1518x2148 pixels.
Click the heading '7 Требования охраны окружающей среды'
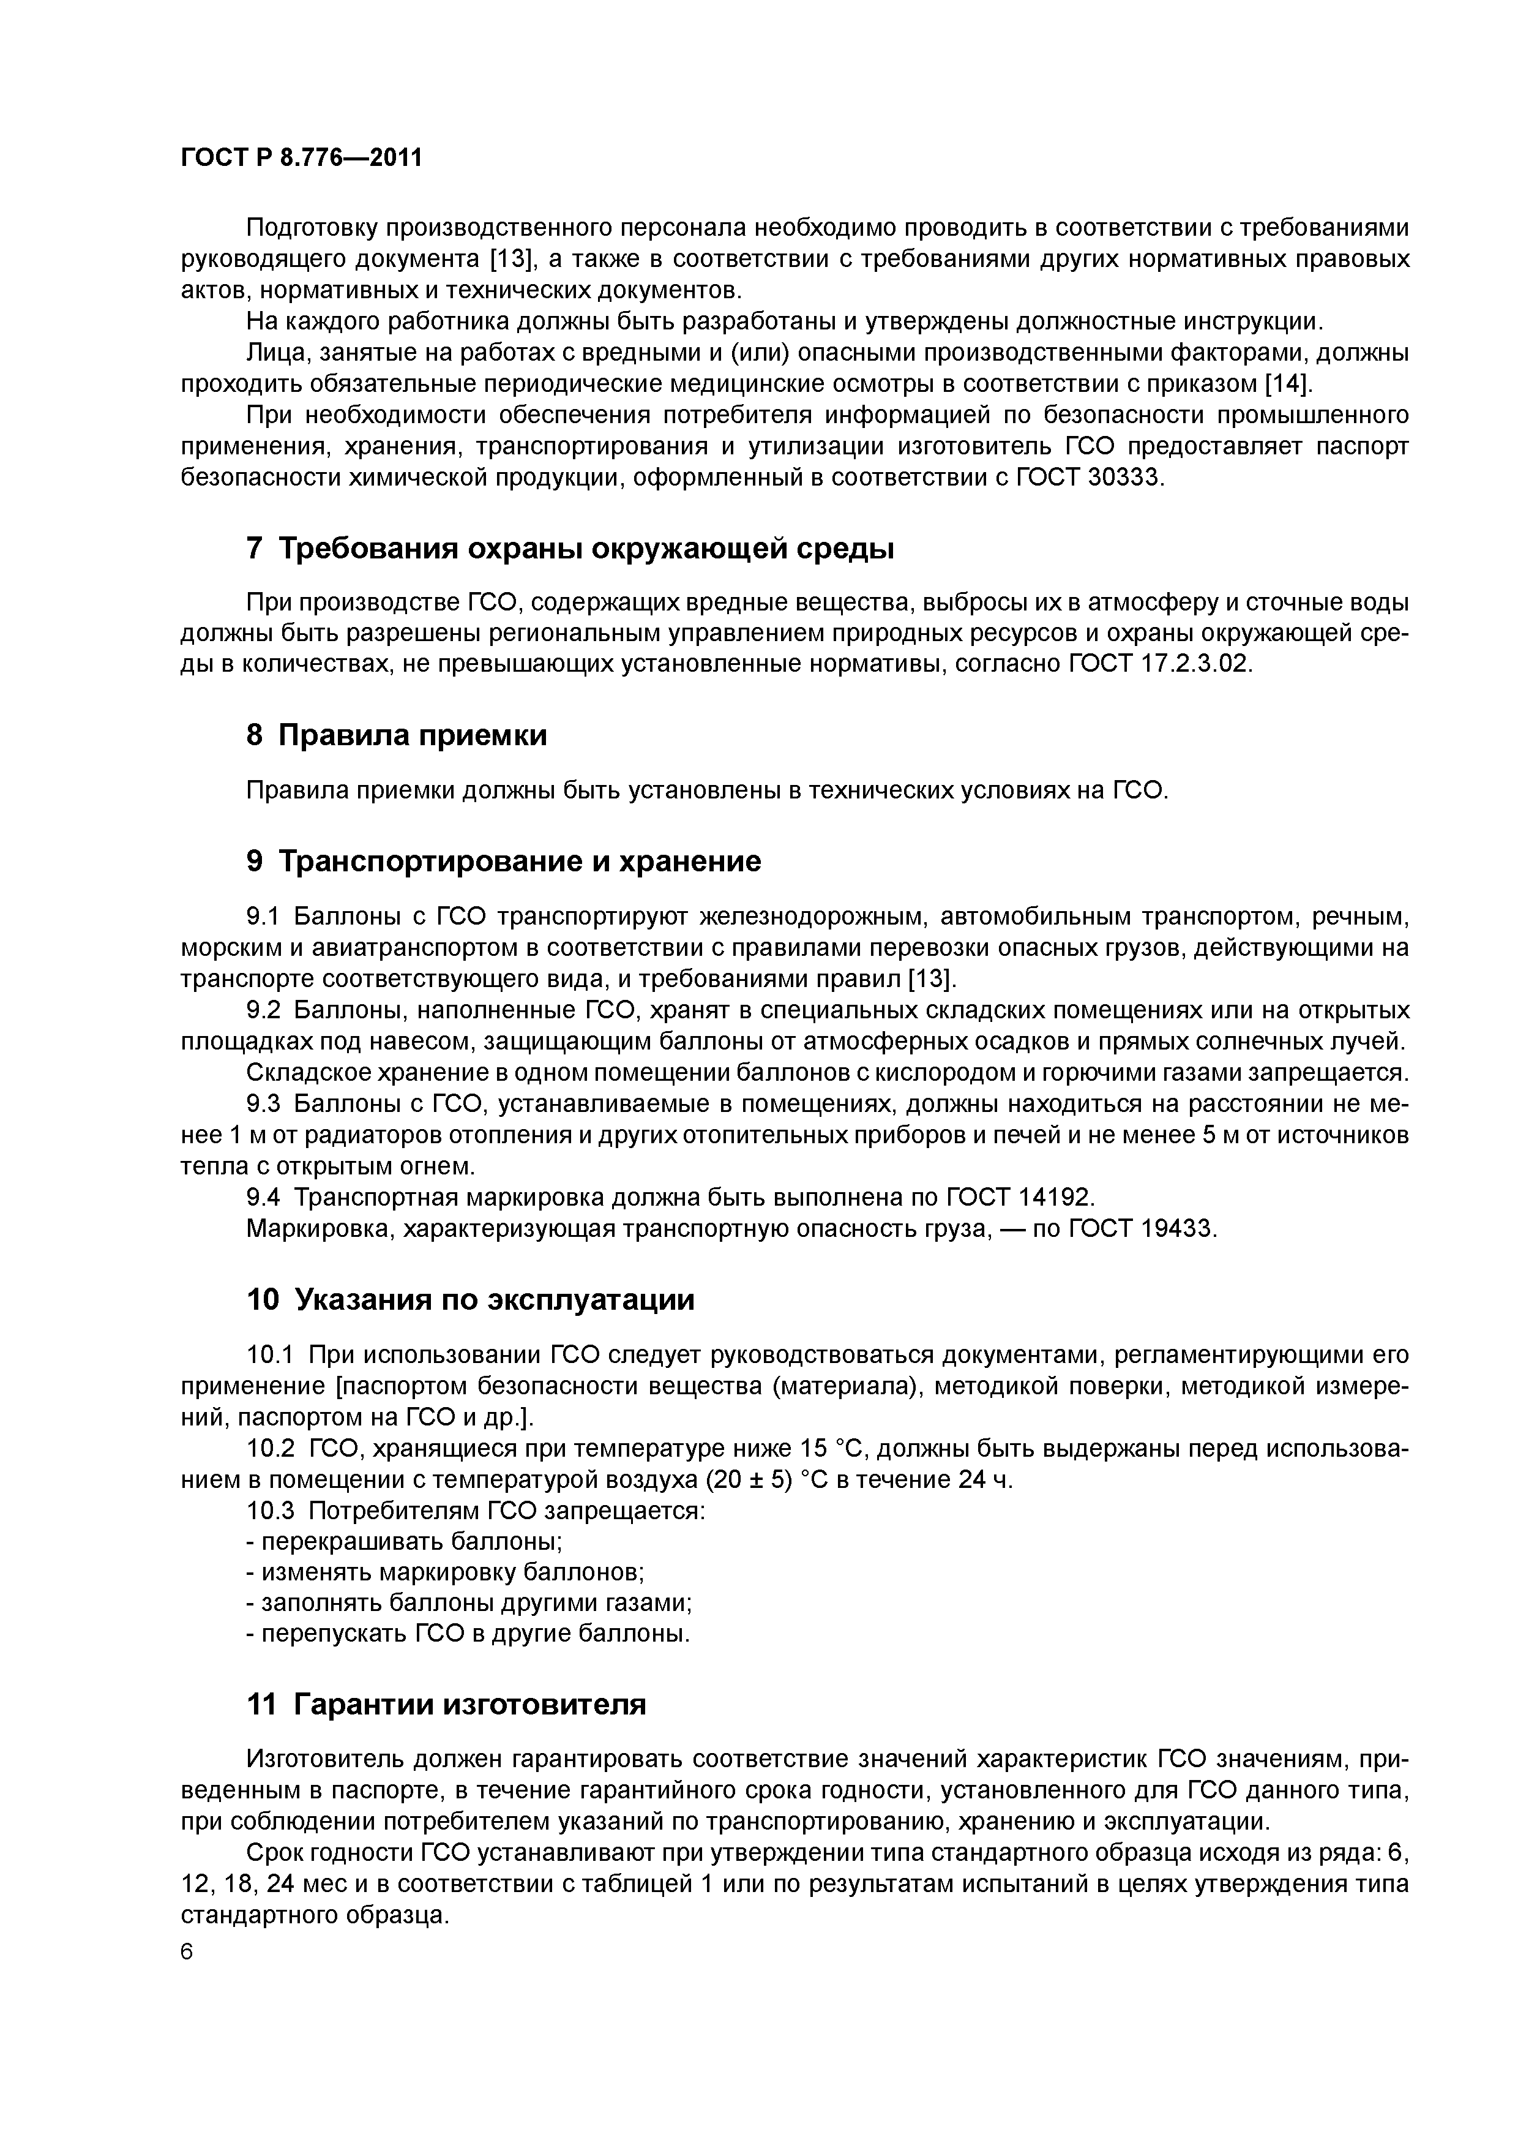570,549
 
